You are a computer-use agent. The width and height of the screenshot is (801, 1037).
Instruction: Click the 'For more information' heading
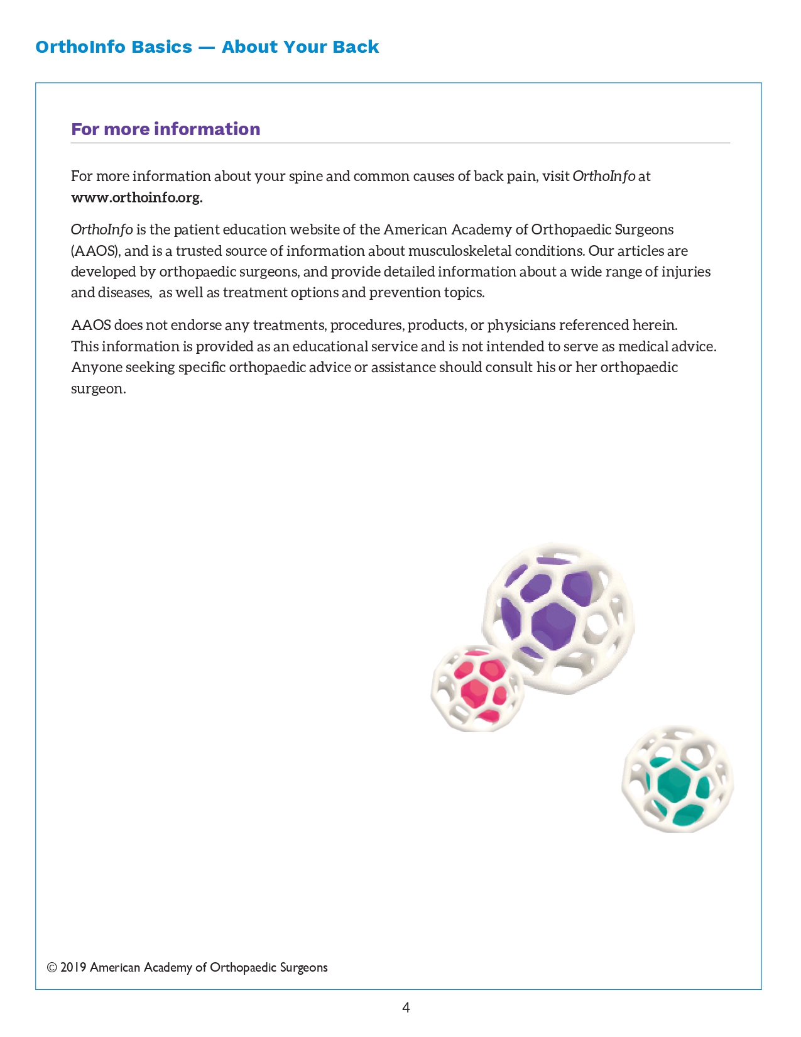[x=165, y=129]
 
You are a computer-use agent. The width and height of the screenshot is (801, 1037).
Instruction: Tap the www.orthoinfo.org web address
[x=136, y=197]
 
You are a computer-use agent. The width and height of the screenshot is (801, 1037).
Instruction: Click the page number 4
[x=406, y=1007]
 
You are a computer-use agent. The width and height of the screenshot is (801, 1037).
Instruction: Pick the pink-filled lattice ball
[x=477, y=688]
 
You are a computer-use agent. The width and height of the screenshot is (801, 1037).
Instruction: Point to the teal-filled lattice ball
[x=677, y=780]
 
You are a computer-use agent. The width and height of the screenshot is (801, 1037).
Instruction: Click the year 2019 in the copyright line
[x=73, y=967]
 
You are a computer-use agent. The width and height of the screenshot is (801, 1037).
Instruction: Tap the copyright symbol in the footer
[x=52, y=967]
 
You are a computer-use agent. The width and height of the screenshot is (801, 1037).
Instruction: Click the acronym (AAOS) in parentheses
[x=95, y=251]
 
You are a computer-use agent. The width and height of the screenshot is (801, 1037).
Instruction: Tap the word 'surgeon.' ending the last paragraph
[x=99, y=388]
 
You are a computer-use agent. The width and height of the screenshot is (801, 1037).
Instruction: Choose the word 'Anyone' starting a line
[x=96, y=367]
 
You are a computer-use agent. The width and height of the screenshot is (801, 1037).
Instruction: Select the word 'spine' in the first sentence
[x=305, y=176]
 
